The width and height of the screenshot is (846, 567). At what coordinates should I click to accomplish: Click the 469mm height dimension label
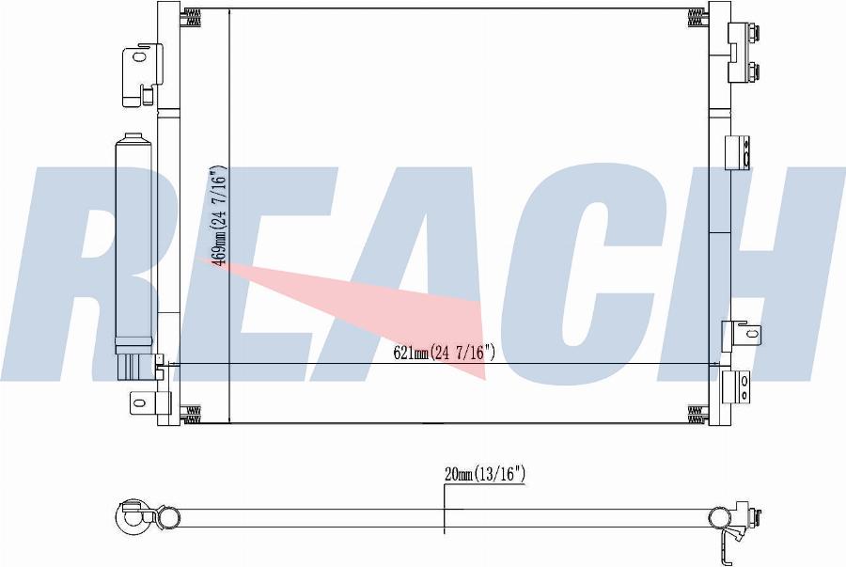220,215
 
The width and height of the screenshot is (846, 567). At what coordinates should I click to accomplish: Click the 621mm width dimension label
444,353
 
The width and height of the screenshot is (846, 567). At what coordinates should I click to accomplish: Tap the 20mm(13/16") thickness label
484,474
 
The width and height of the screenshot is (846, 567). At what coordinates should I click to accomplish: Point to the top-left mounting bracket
142,75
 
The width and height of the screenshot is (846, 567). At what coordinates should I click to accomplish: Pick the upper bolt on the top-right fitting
753,32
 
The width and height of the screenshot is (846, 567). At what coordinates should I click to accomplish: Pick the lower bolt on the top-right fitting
753,71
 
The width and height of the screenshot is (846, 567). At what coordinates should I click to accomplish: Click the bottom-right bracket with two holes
736,387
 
